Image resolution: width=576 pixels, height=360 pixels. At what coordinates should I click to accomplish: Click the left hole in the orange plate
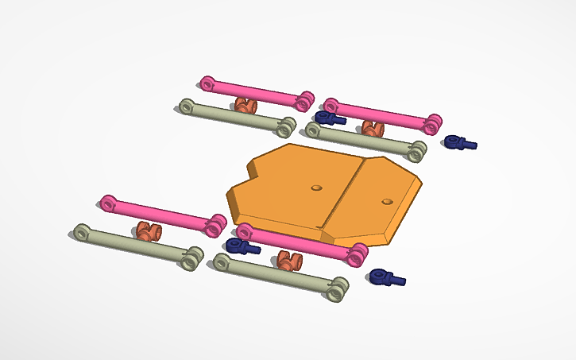317,188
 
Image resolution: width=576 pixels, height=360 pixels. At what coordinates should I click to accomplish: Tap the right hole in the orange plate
387,200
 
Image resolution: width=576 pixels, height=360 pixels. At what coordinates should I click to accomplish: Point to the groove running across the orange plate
343,195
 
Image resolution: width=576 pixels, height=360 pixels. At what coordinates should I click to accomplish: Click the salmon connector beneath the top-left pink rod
246,106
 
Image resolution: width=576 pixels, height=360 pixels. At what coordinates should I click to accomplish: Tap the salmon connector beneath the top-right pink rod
372,128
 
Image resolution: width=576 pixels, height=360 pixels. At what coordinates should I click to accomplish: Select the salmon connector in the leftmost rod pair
147,231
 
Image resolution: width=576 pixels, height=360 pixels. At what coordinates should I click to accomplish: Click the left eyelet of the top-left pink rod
208,83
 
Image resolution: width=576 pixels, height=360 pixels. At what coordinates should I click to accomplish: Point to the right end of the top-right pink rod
433,123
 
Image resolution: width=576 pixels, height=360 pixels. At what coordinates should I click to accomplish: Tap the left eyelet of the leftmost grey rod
82,232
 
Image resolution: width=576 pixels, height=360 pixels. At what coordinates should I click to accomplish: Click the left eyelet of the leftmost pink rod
109,203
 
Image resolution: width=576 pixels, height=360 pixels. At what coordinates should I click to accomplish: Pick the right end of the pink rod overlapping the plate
358,254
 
